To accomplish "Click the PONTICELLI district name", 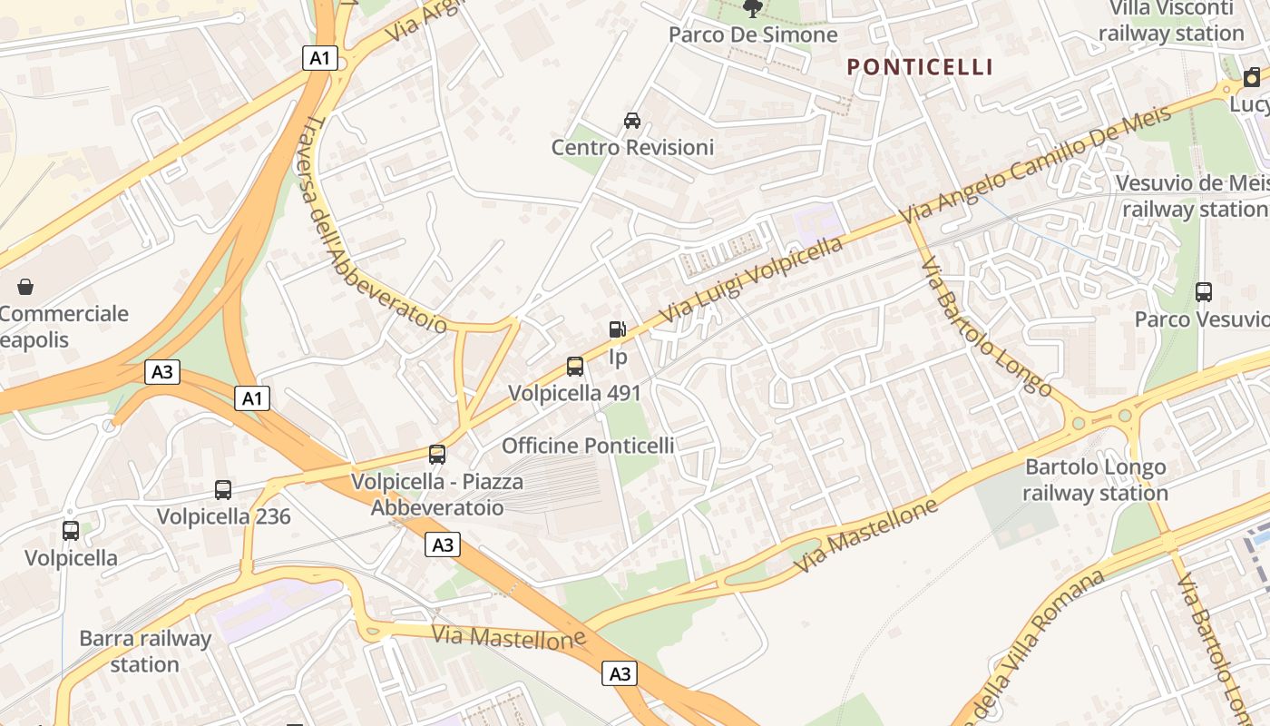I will coord(920,67).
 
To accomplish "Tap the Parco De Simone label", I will coord(753,34).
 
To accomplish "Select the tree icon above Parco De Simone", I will coord(752,9).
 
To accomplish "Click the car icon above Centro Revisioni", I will coord(632,121).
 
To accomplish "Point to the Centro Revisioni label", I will coord(632,147).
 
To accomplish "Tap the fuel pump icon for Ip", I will coord(617,330).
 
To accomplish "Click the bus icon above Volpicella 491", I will coord(575,367).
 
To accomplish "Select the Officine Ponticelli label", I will coord(588,446).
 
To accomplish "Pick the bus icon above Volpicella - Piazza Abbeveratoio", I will coord(437,455).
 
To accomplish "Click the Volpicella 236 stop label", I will coord(223,516).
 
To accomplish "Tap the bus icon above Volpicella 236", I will coord(223,490).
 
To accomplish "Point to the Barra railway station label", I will coord(145,651).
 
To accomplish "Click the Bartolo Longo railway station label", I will coord(1095,480).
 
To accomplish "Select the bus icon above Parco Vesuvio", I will coord(1204,292).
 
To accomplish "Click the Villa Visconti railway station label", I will coord(1171,21).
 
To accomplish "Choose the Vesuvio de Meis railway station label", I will coord(1193,196).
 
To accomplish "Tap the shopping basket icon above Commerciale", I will coord(25,287).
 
